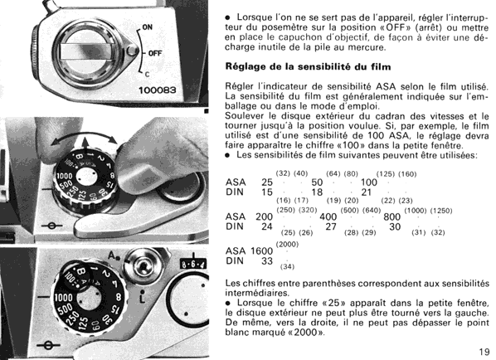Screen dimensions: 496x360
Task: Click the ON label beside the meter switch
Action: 147,27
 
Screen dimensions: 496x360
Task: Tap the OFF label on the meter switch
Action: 155,53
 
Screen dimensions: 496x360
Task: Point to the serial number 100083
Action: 157,90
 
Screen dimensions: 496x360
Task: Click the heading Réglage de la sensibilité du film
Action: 308,66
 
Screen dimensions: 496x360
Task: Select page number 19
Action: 484,352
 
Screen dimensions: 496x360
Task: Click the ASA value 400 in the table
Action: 328,216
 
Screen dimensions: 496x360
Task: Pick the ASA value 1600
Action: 261,251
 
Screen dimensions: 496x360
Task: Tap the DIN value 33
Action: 267,260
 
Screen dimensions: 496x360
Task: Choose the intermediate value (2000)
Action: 287,244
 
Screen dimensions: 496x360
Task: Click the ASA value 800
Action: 392,216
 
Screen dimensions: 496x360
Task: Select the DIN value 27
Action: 331,226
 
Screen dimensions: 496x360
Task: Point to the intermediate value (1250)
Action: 441,211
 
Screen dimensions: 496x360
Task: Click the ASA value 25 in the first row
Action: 267,182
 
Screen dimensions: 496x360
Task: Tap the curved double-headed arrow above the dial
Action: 85,134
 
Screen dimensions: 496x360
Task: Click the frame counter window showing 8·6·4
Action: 192,264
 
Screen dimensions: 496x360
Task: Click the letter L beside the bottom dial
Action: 143,299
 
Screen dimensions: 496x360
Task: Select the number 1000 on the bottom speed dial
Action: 63,297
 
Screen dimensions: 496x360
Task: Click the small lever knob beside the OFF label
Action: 132,51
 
